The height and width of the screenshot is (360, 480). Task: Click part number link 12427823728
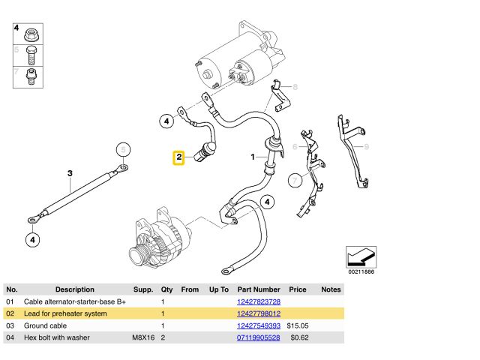(x=259, y=301)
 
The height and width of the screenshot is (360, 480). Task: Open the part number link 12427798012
(x=259, y=313)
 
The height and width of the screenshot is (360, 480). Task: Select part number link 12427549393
(x=259, y=325)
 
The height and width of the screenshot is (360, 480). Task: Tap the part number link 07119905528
(x=259, y=337)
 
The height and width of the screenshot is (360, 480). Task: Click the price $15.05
(x=298, y=325)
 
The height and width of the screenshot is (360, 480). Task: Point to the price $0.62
(x=300, y=337)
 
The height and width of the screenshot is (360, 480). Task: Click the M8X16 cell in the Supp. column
(x=143, y=337)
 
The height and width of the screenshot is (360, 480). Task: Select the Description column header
(x=75, y=289)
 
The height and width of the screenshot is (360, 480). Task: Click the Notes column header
(x=331, y=289)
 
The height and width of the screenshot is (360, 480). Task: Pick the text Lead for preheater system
(x=65, y=313)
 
